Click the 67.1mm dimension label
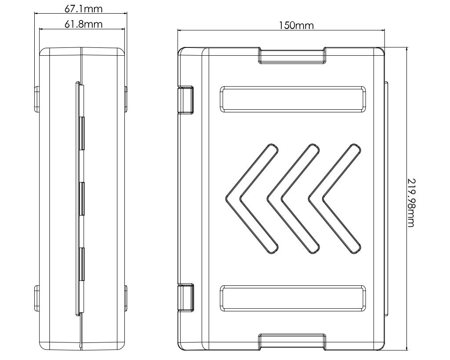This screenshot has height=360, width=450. [83, 9]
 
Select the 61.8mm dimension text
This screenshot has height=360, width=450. [83, 24]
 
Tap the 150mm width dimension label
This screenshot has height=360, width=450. [297, 25]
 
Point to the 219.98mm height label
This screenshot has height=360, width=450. [411, 203]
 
